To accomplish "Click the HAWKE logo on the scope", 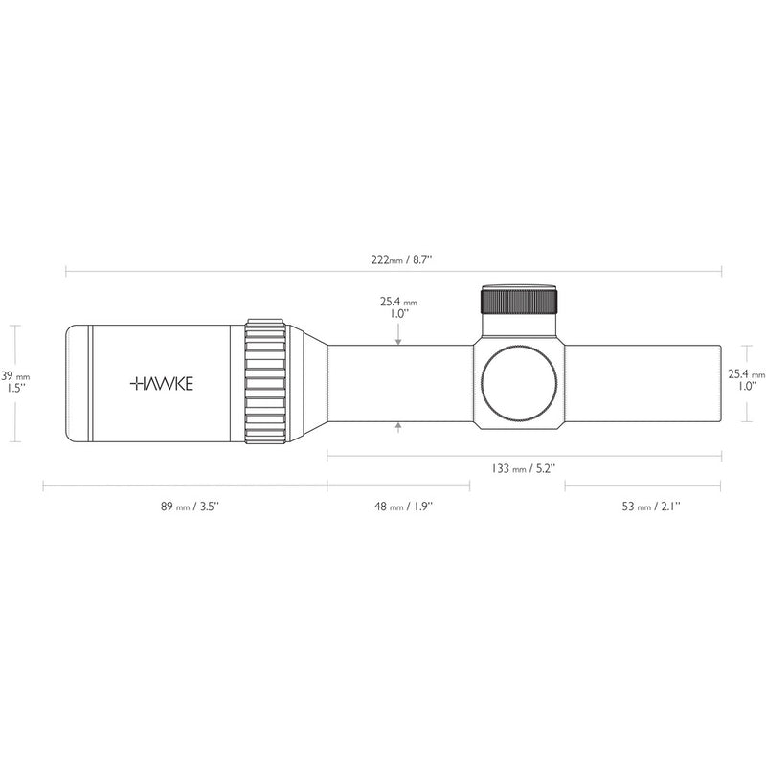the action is [162, 384].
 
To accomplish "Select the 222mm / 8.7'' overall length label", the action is [401, 259].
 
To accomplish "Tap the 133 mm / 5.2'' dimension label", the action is [524, 468].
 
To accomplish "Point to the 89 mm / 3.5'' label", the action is [190, 507].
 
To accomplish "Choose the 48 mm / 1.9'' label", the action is [403, 507].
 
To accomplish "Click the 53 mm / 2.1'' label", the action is [651, 507].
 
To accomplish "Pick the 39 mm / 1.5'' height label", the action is [15, 382].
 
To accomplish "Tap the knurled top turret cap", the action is [519, 300].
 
